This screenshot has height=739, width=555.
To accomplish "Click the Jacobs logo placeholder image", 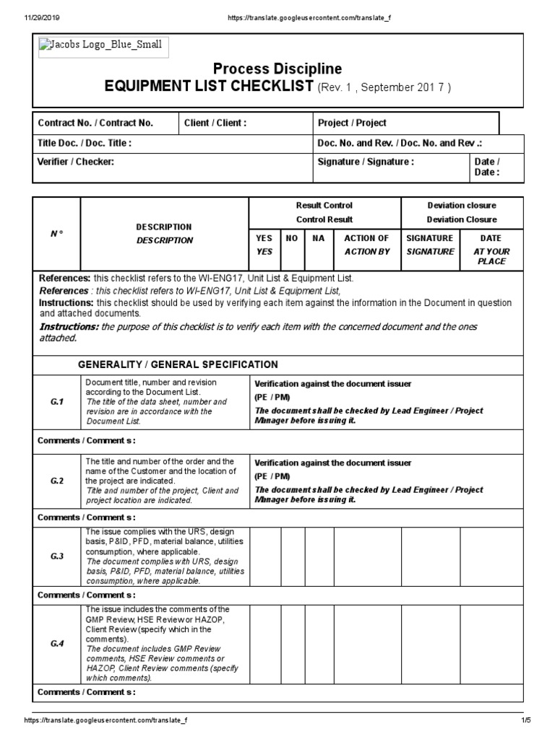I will point(100,48).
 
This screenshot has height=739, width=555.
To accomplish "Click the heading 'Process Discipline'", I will point(277,69).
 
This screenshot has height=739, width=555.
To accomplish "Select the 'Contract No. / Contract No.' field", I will point(95,123).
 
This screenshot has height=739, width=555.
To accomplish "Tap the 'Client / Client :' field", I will point(215,123).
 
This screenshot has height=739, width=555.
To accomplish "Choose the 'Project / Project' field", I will point(352,123).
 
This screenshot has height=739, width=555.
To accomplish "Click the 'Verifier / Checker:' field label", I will point(76,162).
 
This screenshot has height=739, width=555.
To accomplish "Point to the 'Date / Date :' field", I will point(486,167).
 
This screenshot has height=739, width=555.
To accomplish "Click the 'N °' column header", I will point(56,233).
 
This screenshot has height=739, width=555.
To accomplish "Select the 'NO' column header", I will point(292,238).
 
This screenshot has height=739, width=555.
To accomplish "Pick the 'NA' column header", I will point(318,238).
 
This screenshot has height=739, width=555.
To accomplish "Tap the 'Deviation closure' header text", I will point(461,206).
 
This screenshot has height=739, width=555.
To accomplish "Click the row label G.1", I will point(57,402).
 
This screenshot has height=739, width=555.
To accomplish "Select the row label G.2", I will point(57,481).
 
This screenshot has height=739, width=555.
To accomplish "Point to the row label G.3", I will point(57,556).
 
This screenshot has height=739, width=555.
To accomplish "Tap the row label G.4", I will point(57,644).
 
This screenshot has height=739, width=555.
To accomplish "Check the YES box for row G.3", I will point(265,556).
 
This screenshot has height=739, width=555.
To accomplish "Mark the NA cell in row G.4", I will point(319,644).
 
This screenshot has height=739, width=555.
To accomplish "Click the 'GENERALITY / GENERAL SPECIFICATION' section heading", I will point(177,364).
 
